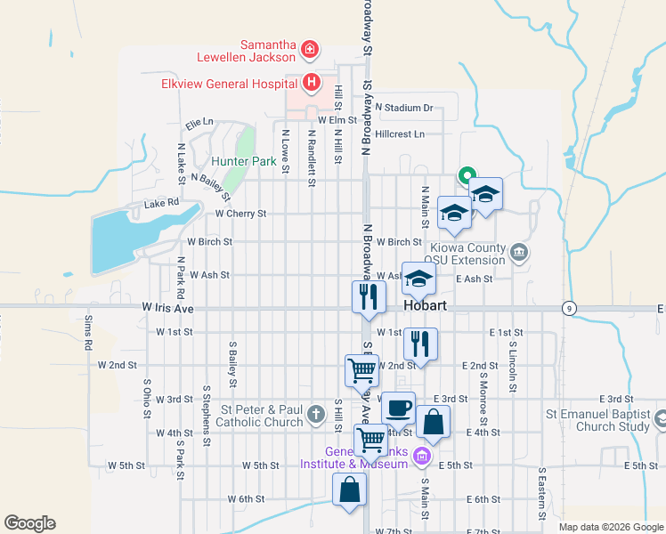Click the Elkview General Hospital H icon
311,84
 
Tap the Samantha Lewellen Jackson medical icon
309,49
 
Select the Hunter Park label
244,161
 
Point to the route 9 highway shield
567,308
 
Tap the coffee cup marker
398,409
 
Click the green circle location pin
464,175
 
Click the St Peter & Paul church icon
315,414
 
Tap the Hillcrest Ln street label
400,134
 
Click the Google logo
30,523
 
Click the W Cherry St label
240,214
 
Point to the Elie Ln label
199,121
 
